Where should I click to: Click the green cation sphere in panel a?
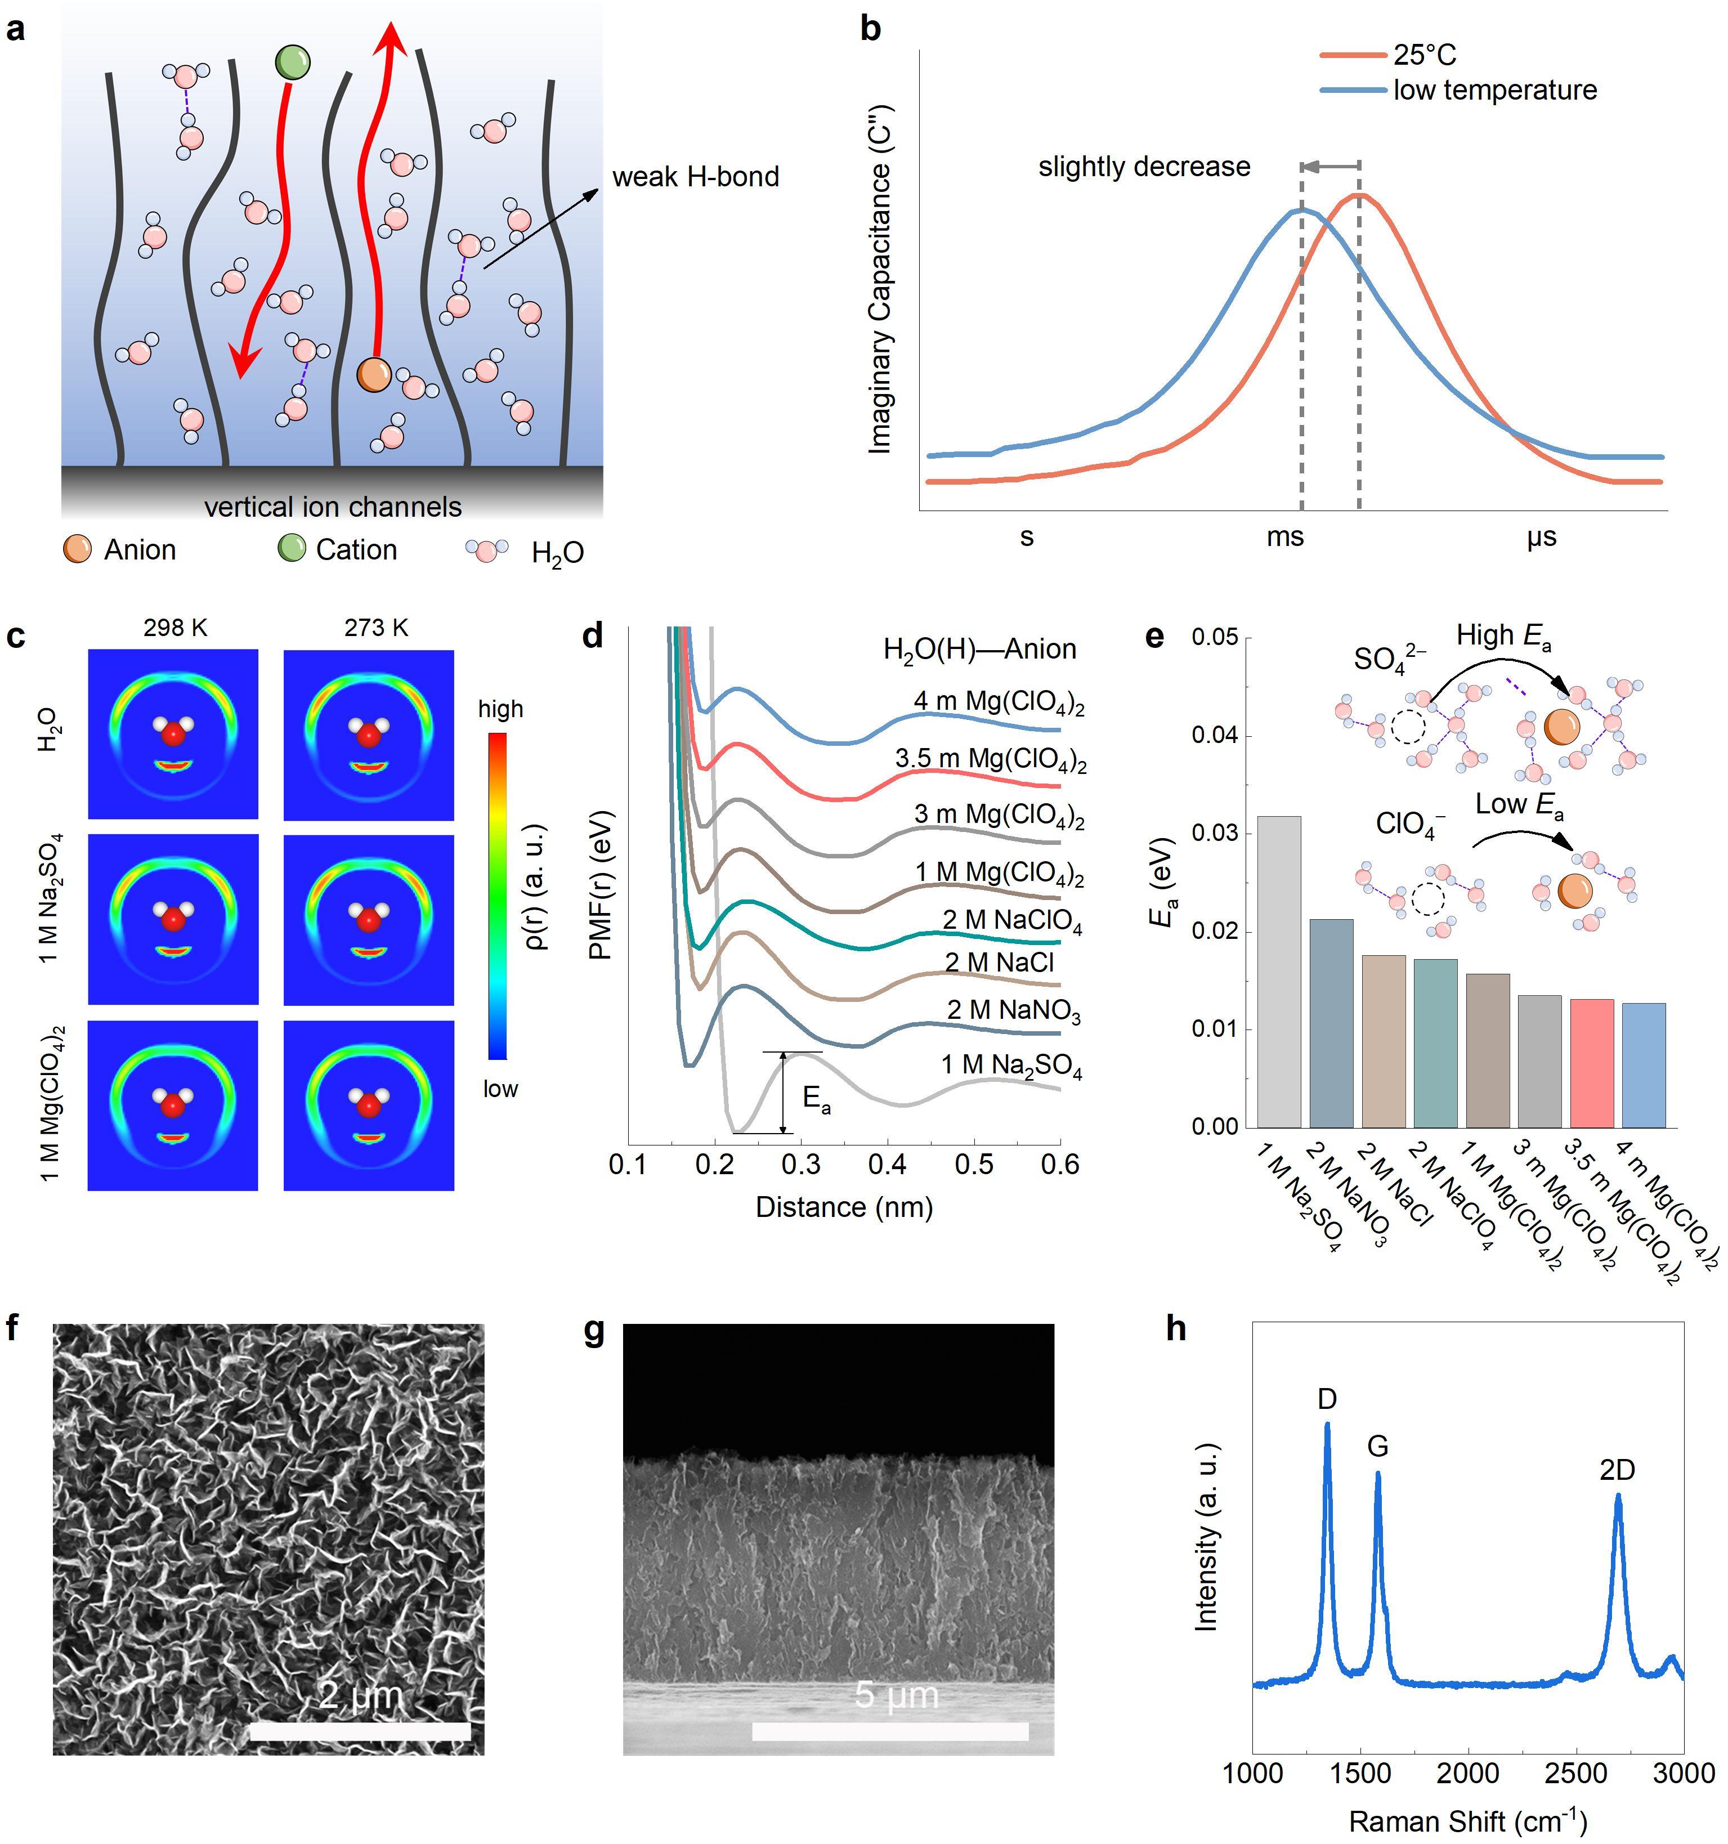tap(292, 63)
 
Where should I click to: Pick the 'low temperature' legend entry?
tap(1494, 90)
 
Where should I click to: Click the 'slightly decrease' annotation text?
tap(1144, 167)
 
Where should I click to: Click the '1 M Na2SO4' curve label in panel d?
tap(1011, 1066)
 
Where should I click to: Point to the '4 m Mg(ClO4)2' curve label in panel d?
tap(999, 702)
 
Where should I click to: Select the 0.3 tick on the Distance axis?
tap(802, 1164)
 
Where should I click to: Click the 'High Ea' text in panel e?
tap(1503, 637)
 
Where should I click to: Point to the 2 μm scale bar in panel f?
tap(360, 1731)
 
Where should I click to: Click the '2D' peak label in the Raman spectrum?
tap(1617, 1469)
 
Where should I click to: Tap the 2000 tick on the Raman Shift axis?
tap(1469, 1774)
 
